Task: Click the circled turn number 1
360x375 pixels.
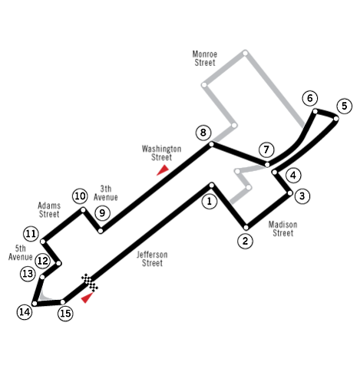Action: (210, 201)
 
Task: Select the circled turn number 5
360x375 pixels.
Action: (345, 106)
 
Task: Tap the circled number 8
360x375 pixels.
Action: (203, 133)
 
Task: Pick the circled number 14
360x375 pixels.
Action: (25, 312)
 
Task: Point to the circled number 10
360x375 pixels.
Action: (80, 196)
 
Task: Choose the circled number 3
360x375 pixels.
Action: (302, 196)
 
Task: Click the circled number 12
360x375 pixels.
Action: (42, 261)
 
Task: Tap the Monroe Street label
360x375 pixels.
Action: (205, 58)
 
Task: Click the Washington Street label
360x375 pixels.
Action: (161, 153)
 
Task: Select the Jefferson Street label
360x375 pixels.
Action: (152, 258)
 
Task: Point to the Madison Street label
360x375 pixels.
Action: (282, 229)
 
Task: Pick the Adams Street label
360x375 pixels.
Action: (49, 209)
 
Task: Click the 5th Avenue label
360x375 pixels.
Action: (21, 252)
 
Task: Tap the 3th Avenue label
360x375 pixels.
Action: (106, 192)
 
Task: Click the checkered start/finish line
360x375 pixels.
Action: (90, 282)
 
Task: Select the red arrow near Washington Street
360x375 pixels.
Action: (162, 170)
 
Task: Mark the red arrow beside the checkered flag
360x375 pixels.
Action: (87, 298)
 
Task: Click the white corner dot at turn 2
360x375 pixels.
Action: (246, 228)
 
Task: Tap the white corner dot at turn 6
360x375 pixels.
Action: (315, 111)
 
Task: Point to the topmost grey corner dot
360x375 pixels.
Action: (245, 53)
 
